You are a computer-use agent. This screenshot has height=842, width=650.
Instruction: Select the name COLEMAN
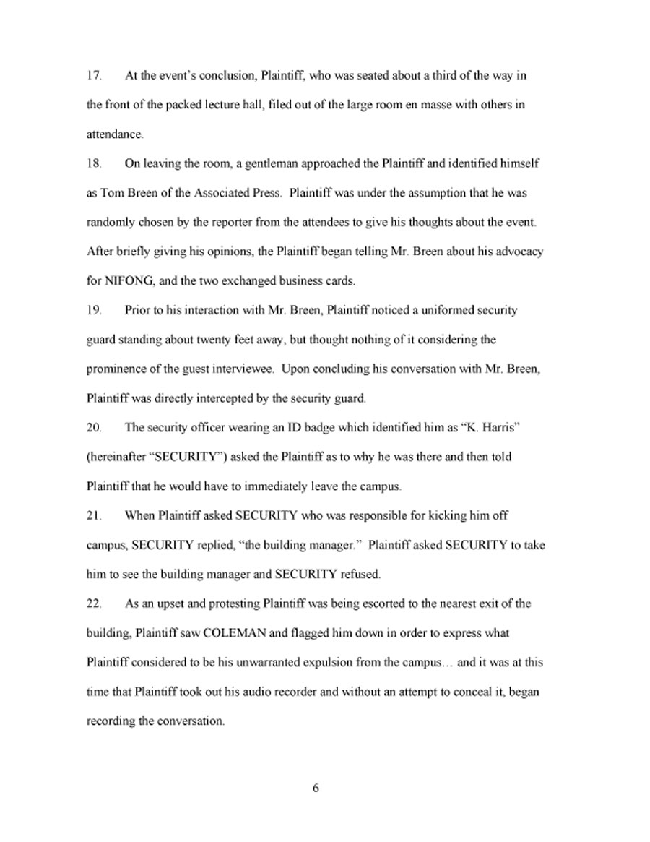(233, 633)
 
